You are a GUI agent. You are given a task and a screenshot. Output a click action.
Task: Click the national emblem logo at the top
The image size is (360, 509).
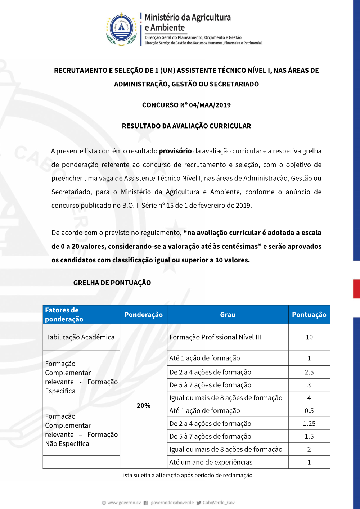121,30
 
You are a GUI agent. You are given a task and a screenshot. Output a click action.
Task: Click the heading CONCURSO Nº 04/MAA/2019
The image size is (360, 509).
186,105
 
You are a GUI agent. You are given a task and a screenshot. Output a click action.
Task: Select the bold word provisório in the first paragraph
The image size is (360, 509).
175,151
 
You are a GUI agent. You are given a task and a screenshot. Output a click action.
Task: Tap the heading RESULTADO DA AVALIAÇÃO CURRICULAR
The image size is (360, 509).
186,126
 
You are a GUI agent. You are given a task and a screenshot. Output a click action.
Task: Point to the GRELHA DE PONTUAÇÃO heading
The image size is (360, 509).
112,283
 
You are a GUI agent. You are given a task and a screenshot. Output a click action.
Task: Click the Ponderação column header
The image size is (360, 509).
143,315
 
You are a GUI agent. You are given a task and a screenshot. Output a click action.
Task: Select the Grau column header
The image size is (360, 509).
228,315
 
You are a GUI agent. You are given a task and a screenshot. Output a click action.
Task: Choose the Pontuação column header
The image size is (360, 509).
309,315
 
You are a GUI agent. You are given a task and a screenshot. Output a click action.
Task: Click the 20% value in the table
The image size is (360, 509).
143,406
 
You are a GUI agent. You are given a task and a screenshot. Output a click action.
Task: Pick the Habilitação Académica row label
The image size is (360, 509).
80,337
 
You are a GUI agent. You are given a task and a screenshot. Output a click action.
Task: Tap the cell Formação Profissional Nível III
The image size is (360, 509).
215,337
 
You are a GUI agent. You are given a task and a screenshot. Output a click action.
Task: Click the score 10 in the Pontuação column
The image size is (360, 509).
309,337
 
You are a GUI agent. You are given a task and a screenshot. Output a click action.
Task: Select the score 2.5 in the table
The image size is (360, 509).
309,372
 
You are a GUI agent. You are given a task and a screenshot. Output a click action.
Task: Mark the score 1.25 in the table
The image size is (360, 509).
309,424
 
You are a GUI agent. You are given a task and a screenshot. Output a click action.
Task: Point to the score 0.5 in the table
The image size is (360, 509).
309,411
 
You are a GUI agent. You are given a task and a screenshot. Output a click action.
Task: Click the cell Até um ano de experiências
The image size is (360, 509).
211,462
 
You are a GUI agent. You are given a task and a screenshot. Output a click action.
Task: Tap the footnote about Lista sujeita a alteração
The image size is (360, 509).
186,475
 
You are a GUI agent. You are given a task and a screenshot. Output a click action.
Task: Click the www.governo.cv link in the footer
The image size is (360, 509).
124,503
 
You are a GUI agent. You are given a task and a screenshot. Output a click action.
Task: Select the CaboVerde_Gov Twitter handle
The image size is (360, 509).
219,503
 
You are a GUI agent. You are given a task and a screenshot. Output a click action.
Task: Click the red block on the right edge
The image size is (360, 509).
356,289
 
